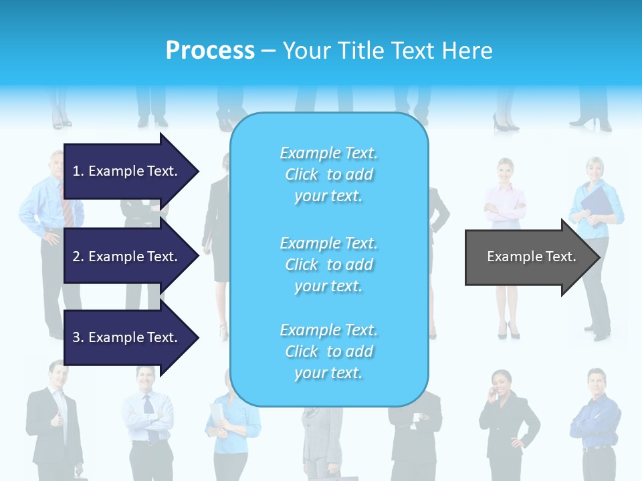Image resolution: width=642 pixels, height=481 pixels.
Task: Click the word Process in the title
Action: (x=210, y=51)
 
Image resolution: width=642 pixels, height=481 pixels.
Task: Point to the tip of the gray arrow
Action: (x=599, y=257)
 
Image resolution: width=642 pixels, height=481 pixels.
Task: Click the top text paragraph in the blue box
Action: (x=329, y=174)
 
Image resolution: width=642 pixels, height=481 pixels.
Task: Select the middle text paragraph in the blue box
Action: (x=329, y=265)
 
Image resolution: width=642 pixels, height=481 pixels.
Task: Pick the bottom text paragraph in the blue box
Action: (x=329, y=351)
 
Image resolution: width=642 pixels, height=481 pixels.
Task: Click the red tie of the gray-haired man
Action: (x=68, y=211)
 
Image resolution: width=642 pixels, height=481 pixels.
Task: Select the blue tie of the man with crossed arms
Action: (x=148, y=404)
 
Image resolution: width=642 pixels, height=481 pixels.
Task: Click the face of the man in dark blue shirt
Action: (x=596, y=382)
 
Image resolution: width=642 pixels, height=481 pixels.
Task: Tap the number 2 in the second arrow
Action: (x=77, y=257)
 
